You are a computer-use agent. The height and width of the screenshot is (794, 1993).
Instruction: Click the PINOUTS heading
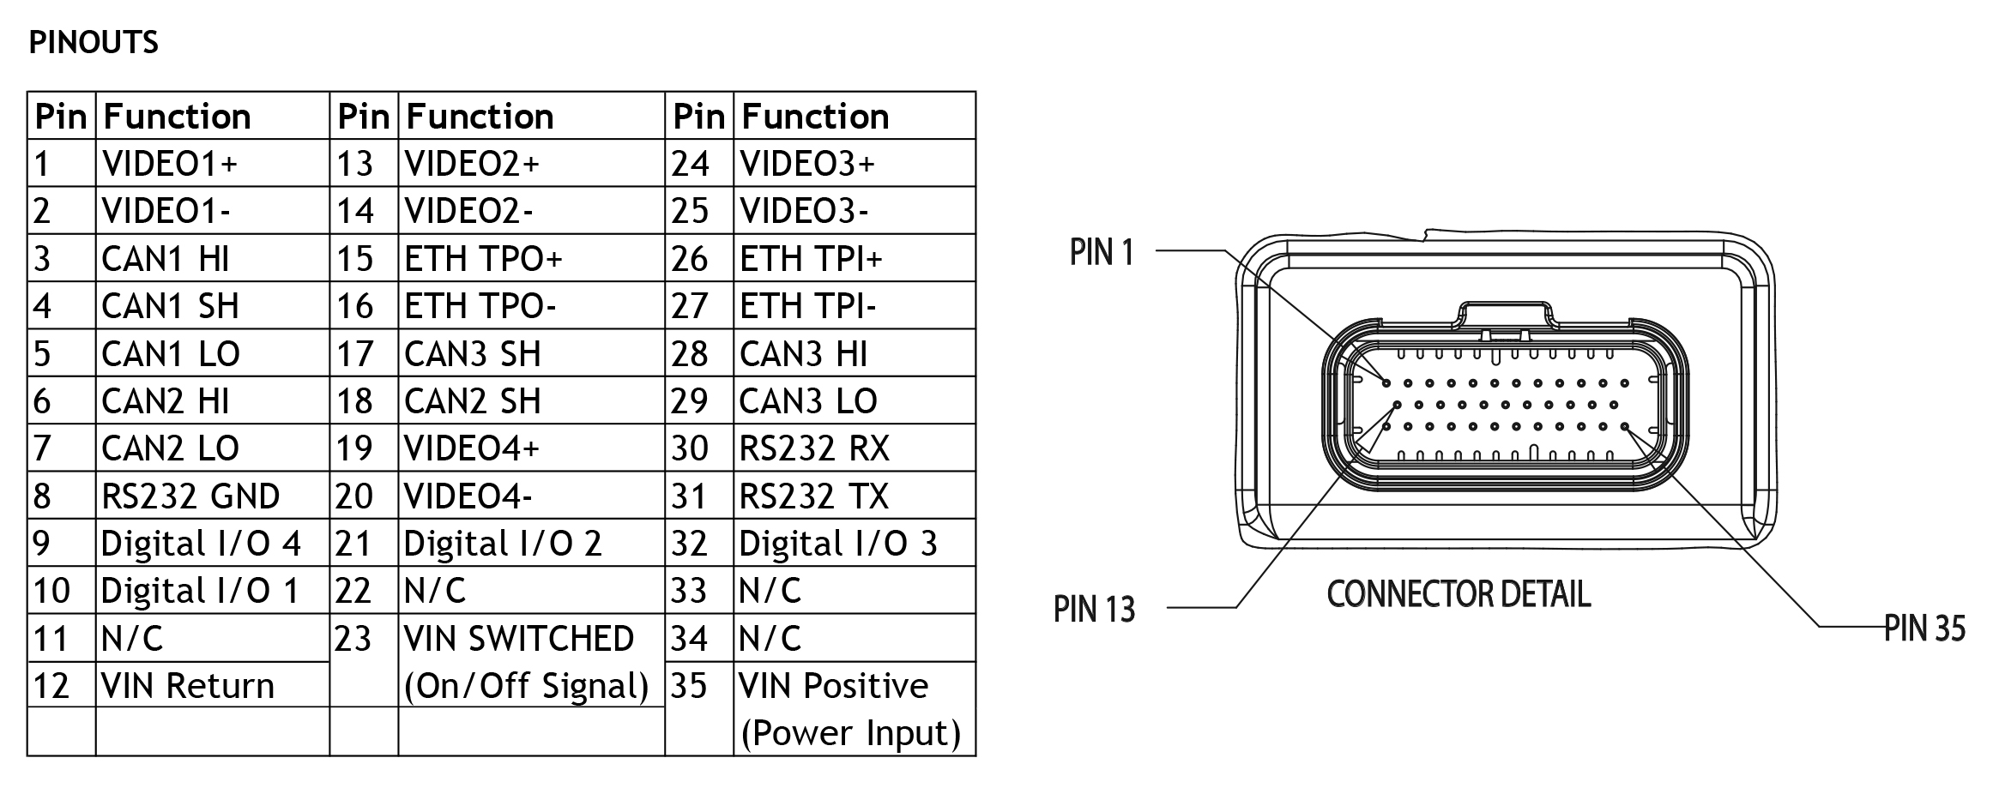pos(94,42)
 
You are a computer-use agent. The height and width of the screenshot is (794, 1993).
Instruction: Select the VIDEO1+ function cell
pos(169,163)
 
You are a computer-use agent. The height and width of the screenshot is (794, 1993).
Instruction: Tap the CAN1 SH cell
pos(170,306)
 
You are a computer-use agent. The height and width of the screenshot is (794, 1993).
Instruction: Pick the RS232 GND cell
pos(190,496)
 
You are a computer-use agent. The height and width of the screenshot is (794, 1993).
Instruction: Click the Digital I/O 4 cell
pos(201,543)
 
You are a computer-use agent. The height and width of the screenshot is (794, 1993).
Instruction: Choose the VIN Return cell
pos(188,685)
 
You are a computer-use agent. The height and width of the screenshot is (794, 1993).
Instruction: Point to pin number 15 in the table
pos(354,258)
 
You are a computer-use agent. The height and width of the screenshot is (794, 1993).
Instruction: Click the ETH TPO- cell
pos(480,306)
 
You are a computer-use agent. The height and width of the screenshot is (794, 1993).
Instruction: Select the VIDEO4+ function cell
pos(472,448)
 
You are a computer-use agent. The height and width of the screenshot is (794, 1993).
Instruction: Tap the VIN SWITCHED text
pos(519,638)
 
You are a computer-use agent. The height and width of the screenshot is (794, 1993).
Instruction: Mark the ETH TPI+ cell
pos(811,258)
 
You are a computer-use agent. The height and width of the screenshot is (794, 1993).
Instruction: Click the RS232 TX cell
pos(814,496)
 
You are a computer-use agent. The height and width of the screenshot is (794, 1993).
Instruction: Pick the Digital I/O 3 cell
pos(838,543)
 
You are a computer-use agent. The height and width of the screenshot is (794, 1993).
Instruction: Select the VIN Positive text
pos(834,685)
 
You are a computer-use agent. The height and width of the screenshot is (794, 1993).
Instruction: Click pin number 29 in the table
pos(690,400)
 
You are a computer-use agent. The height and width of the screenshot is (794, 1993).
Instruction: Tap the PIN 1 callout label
pos(1102,252)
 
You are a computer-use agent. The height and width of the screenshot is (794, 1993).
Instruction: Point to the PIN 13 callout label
pos(1094,609)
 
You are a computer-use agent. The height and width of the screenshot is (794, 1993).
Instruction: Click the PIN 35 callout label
pos(1924,629)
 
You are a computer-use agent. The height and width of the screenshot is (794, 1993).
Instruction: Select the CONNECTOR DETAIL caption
pos(1459,593)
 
